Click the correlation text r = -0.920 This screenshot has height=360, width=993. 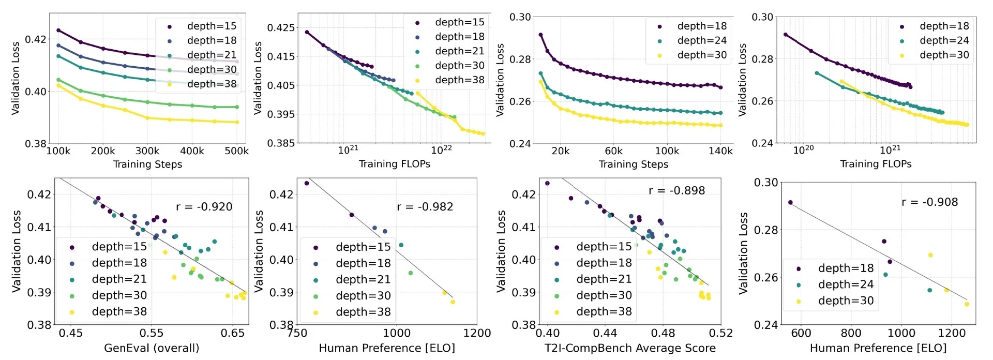[x=204, y=207]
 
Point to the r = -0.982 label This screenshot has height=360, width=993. [x=425, y=207]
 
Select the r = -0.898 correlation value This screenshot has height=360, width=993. [x=676, y=190]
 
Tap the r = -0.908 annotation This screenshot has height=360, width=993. [x=929, y=202]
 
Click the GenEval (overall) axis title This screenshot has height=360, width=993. [x=152, y=348]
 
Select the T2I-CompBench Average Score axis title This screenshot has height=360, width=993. [x=630, y=348]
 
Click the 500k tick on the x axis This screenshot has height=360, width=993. [x=236, y=151]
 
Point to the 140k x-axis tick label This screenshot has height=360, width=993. [x=720, y=151]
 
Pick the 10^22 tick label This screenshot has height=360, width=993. [x=441, y=150]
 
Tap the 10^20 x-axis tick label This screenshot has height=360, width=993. [x=803, y=150]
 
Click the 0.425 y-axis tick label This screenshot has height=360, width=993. [x=281, y=27]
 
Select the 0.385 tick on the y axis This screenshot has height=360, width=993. [x=281, y=143]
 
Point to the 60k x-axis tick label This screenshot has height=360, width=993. [x=613, y=151]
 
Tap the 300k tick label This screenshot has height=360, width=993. [x=147, y=151]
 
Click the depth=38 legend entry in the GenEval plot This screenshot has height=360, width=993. [x=119, y=311]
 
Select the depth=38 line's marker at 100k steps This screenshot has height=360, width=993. [x=58, y=85]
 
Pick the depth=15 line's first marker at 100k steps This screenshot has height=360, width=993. [x=58, y=31]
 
